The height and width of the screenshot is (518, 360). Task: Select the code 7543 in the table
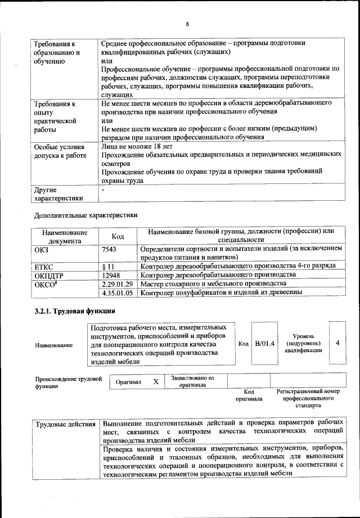coord(110,249)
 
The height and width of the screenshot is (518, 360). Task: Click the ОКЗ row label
coord(42,249)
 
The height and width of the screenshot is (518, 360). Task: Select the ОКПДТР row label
coord(50,274)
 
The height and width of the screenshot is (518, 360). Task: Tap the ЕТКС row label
coord(44,265)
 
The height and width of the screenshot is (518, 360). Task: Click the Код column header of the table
coord(118,236)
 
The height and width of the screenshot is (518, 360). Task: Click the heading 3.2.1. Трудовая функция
coord(75,310)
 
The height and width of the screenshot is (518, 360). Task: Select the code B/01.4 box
coord(264,344)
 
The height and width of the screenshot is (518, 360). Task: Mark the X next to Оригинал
coord(156,381)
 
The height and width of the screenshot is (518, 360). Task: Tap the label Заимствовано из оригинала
coord(193,381)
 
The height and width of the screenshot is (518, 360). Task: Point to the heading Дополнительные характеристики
coord(85,215)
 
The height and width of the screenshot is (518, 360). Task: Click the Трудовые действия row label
coord(66,422)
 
